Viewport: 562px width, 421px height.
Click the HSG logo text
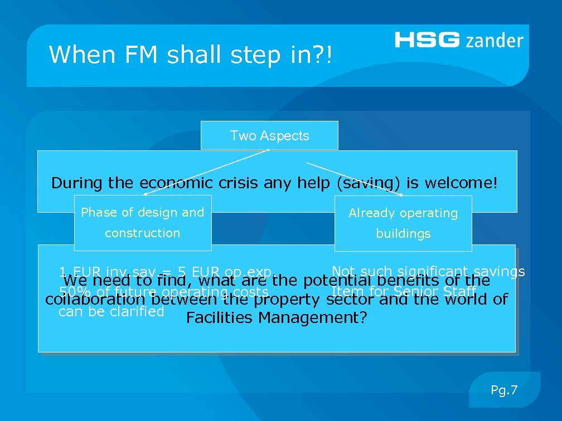[428, 40]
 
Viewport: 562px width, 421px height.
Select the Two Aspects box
[269, 136]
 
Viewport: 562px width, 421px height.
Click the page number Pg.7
[504, 390]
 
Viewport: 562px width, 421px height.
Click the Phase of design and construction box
[143, 223]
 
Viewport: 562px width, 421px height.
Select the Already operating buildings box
[403, 223]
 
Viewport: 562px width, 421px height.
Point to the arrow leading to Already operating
[357, 179]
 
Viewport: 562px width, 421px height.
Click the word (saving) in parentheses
[363, 183]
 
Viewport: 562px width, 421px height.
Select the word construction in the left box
[143, 233]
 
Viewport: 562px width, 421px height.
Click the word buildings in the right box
[403, 234]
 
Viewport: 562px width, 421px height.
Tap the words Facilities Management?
[277, 319]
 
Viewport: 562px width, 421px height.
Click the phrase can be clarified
[111, 311]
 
